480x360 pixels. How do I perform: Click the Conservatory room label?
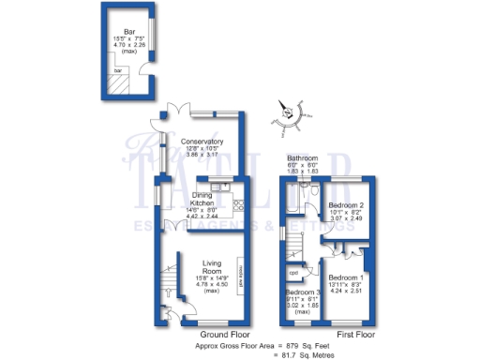[x=202, y=142]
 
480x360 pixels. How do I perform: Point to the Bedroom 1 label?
[x=348, y=278]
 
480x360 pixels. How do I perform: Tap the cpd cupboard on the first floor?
[x=293, y=274]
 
